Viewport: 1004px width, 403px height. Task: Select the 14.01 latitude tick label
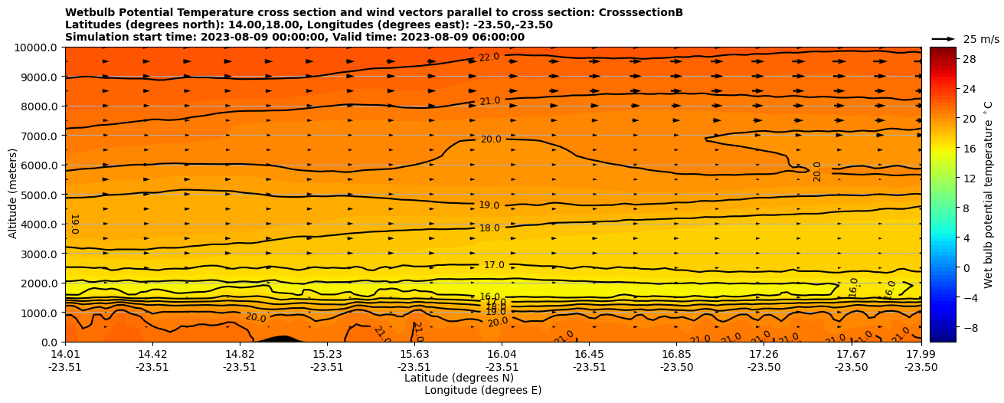pyautogui.click(x=65, y=354)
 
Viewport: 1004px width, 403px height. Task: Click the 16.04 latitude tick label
pyautogui.click(x=502, y=354)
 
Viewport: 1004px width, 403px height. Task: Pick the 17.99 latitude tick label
pyautogui.click(x=921, y=354)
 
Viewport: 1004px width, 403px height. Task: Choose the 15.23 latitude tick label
pyautogui.click(x=327, y=354)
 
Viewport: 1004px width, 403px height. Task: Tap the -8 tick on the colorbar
pyautogui.click(x=970, y=327)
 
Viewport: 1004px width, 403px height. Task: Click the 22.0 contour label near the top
pyautogui.click(x=489, y=57)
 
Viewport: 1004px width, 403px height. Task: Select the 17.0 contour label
pyautogui.click(x=494, y=265)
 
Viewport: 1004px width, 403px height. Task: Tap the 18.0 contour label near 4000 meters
pyautogui.click(x=489, y=228)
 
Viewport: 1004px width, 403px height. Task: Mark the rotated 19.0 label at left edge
pyautogui.click(x=74, y=223)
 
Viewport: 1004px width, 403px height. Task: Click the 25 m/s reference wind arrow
pyautogui.click(x=943, y=38)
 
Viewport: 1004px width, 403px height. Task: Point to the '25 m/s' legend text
pyautogui.click(x=981, y=39)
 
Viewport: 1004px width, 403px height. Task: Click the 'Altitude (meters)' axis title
pyautogui.click(x=13, y=195)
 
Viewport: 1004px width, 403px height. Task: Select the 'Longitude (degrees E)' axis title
pyautogui.click(x=482, y=390)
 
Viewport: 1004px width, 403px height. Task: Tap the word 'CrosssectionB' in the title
pyautogui.click(x=634, y=13)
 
